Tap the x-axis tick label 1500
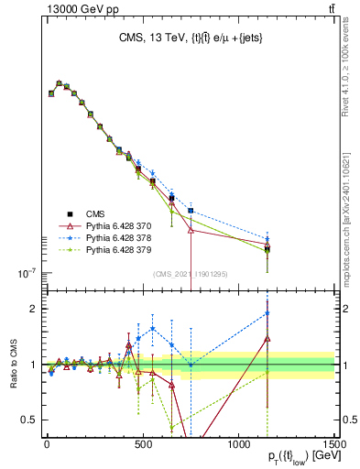(333, 443)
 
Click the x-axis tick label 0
(47, 443)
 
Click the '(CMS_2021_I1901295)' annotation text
(191, 274)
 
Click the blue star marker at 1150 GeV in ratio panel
(267, 313)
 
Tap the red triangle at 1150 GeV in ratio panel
(267, 339)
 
